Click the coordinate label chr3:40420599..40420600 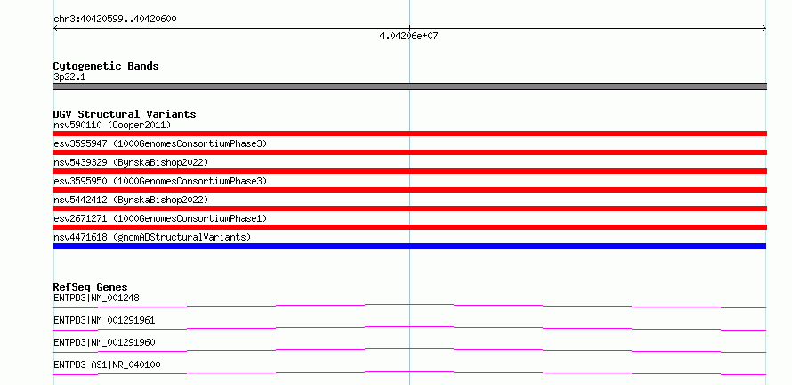[115, 20]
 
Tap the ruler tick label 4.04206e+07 [408, 36]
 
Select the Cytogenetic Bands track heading [106, 66]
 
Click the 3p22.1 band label [69, 77]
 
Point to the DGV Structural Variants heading [125, 114]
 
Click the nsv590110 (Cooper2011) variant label [112, 125]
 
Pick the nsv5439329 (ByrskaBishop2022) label [131, 162]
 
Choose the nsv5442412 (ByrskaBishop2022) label [131, 200]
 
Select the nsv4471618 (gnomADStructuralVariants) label [152, 237]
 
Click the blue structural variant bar [409, 246]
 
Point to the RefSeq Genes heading [91, 287]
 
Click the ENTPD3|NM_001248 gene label [96, 298]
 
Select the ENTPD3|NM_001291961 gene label [104, 320]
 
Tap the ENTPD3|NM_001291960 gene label [104, 342]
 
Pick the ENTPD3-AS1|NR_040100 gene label [107, 365]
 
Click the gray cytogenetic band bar [409, 86]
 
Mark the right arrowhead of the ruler [765, 29]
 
